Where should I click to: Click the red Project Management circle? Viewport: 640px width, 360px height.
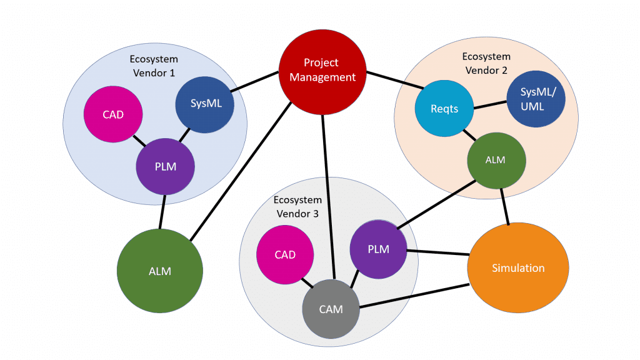[321, 70]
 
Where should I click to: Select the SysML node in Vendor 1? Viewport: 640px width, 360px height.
[206, 104]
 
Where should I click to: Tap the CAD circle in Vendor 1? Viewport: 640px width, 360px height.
[113, 115]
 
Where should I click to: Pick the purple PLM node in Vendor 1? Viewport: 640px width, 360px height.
[166, 167]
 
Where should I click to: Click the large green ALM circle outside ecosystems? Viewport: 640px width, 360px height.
[160, 271]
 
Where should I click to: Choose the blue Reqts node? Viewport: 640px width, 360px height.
[445, 109]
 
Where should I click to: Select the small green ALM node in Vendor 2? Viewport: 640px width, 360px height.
[496, 160]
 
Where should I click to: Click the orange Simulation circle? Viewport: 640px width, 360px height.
[518, 267]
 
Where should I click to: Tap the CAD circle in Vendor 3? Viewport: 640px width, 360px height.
[285, 255]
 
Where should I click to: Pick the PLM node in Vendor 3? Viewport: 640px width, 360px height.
[378, 249]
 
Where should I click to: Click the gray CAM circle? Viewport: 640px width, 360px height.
[331, 309]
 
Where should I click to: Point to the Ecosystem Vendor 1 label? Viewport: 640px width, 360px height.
[154, 66]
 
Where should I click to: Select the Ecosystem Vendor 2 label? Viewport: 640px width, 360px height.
[486, 63]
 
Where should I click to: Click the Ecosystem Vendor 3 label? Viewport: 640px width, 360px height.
[297, 207]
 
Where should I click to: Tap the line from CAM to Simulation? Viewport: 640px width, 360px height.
[414, 296]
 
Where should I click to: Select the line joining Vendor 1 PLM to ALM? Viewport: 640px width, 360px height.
[162, 212]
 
